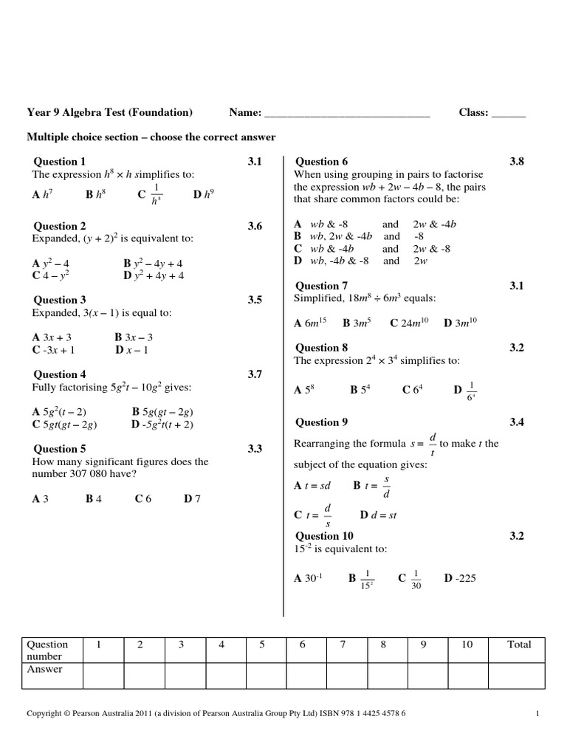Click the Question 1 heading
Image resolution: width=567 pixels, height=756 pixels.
click(60, 162)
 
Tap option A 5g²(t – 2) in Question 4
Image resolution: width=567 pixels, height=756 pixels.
click(60, 411)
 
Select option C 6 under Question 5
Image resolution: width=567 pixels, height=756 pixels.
click(143, 499)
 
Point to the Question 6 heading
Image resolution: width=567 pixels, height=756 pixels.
click(321, 162)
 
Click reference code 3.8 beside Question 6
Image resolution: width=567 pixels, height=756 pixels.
click(516, 162)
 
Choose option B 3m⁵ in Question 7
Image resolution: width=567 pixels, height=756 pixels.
click(357, 323)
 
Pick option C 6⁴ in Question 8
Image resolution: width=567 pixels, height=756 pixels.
click(412, 390)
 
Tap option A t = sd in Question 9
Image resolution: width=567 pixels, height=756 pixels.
click(314, 486)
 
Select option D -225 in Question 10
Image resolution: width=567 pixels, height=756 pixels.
click(460, 578)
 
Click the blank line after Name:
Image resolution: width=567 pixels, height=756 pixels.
click(347, 114)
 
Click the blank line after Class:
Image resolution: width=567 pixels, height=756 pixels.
click(509, 114)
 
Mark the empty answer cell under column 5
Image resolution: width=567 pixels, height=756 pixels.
click(261, 676)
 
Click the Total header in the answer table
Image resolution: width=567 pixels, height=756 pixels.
click(519, 645)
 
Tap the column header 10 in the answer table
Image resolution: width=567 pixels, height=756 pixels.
click(467, 645)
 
